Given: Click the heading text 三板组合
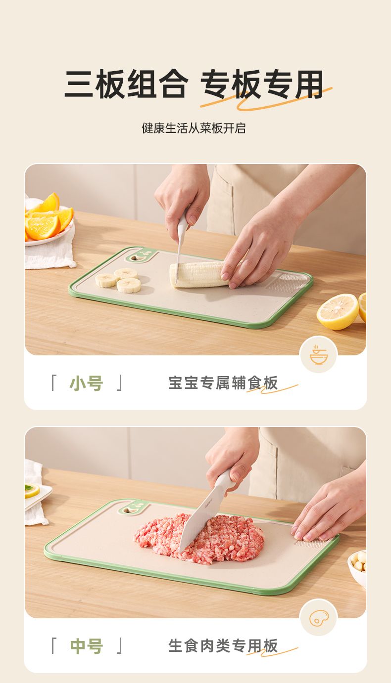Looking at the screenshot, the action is [126, 84].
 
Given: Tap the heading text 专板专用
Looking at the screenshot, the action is [262, 84].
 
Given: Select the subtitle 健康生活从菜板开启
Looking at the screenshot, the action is [194, 128].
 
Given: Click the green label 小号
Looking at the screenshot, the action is [86, 384].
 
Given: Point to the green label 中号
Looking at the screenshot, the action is [86, 646].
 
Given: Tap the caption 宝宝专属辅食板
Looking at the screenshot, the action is [223, 383].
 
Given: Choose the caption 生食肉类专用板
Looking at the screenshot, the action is [223, 645].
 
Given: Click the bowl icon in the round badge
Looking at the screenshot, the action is [318, 355].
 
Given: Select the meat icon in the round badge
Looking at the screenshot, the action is [319, 618].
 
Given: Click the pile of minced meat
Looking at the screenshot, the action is [199, 539].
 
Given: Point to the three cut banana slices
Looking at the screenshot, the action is [118, 280].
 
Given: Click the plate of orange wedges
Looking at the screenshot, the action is [49, 219].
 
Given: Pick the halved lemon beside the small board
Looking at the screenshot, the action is [338, 311].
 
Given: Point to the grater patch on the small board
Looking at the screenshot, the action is [286, 283].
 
